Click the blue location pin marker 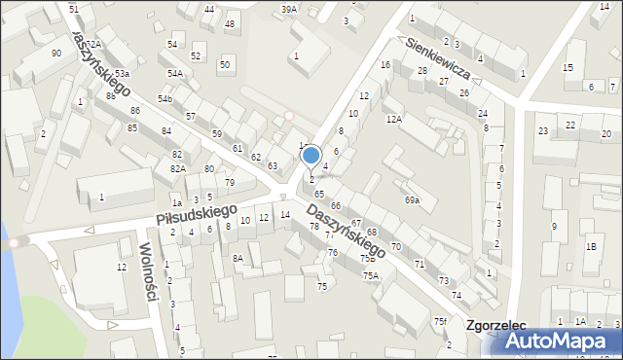[311, 156]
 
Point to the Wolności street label [150, 271]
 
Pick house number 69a [412, 200]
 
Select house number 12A [394, 119]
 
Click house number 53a [122, 74]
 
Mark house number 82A [178, 169]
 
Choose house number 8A [238, 258]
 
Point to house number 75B [367, 259]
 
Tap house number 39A [289, 9]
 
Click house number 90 [56, 53]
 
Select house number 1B [591, 246]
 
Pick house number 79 [230, 183]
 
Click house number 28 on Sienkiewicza [422, 71]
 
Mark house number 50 [225, 64]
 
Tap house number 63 [273, 166]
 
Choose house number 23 [543, 130]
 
